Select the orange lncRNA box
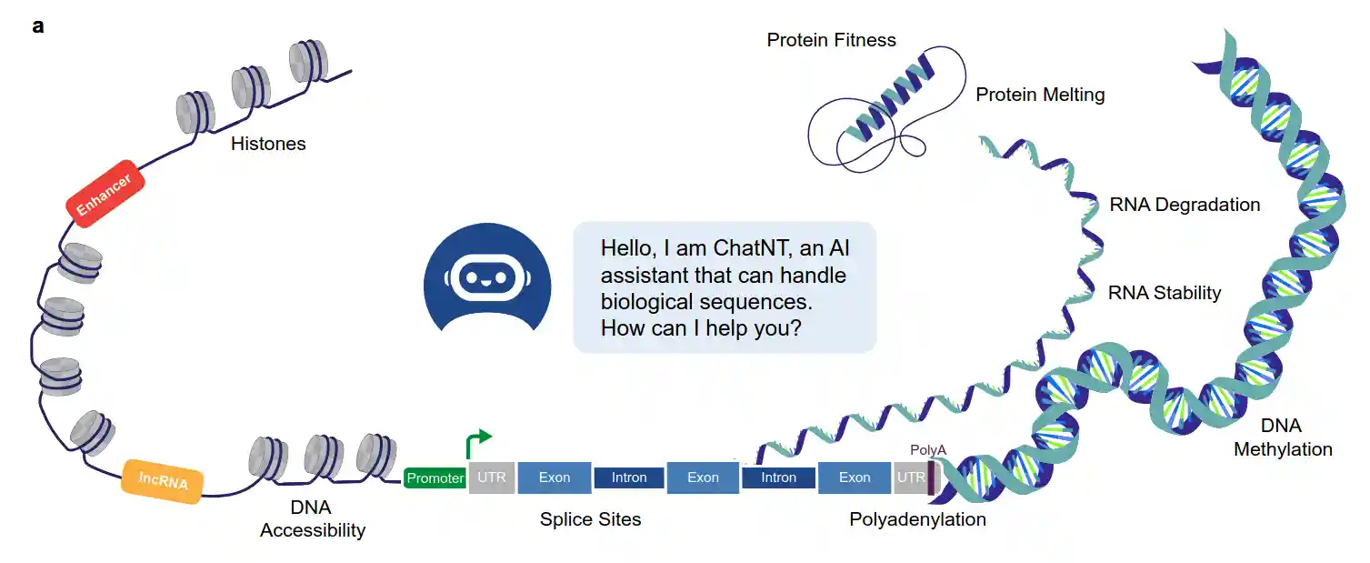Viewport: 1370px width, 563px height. [x=164, y=481]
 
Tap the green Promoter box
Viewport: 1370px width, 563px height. [x=435, y=478]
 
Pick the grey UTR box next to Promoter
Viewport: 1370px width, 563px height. [x=491, y=478]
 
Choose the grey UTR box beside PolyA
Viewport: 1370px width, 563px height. [x=910, y=478]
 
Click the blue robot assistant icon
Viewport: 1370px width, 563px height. [x=486, y=276]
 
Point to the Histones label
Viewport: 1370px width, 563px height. [x=268, y=144]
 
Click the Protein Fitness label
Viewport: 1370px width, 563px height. [x=831, y=40]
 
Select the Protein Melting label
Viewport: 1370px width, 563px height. [x=1040, y=95]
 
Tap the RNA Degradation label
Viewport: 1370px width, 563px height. [x=1185, y=205]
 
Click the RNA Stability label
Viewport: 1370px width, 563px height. [x=1165, y=293]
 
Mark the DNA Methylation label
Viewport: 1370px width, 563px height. [x=1283, y=437]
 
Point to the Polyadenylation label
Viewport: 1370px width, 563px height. [x=917, y=520]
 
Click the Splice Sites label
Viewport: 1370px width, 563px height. [x=590, y=520]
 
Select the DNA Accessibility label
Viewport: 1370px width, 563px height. [x=312, y=518]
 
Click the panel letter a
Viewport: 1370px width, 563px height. [x=37, y=25]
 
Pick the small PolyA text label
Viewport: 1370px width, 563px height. [x=928, y=450]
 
